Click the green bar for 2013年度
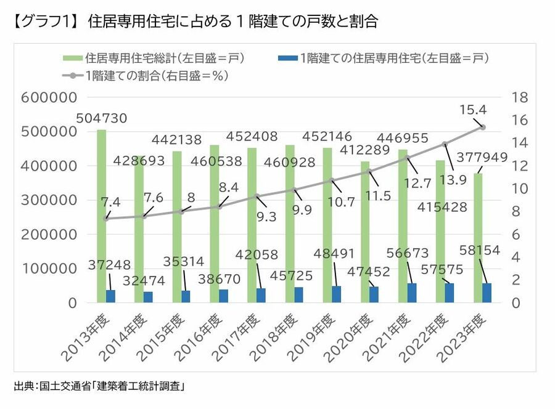tap(101, 216)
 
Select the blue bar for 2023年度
tap(487, 293)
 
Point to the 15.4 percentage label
tap(474, 109)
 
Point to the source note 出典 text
tap(99, 387)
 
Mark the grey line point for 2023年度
tap(483, 128)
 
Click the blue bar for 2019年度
tap(337, 294)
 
